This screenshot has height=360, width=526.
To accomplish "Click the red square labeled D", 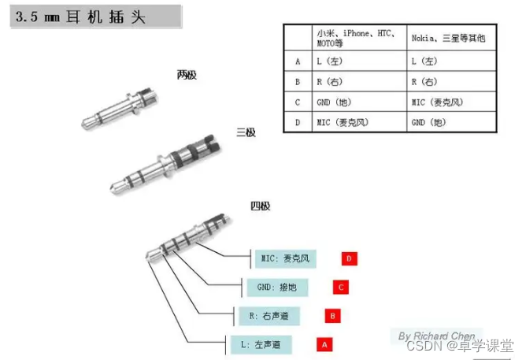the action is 349,258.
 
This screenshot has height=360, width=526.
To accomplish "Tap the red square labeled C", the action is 341,288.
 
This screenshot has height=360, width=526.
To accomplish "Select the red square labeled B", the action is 332,316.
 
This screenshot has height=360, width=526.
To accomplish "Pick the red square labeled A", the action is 324,344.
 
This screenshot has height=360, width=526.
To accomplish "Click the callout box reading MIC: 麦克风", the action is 286,258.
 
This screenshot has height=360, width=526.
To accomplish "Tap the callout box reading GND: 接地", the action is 277,288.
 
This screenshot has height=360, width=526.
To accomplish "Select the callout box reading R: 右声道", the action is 269,316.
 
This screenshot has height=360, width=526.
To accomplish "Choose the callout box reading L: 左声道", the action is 261,344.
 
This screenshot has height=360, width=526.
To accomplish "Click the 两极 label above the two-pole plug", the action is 187,75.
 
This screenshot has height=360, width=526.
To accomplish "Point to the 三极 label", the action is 246,132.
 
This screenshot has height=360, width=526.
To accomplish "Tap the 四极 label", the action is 261,206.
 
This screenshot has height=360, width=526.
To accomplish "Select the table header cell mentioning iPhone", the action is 359,38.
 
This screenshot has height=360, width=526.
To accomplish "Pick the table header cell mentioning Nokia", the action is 451,38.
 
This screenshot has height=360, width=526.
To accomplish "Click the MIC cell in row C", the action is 451,102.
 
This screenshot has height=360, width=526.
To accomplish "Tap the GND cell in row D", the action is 451,122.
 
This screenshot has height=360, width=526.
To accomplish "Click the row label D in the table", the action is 298,122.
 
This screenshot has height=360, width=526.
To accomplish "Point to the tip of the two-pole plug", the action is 83,125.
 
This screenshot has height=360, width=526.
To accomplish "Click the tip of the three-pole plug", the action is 111,190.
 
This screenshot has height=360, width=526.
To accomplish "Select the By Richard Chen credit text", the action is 436,336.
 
